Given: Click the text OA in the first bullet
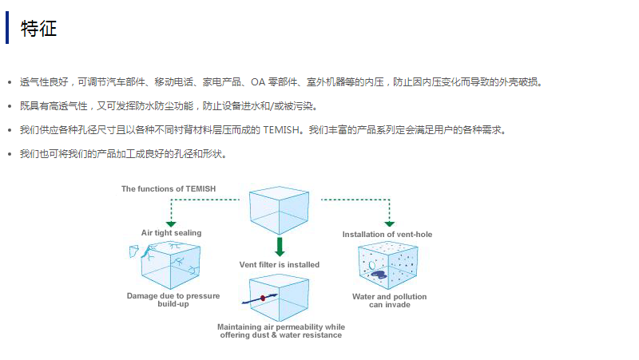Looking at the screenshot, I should tap(257, 82).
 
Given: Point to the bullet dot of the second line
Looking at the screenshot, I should tap(9, 106).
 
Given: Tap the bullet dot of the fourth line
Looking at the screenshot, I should tap(9, 154).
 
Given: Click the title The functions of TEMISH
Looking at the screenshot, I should tap(169, 189).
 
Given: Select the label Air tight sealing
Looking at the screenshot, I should tap(171, 233).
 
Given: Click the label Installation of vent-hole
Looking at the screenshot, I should tap(387, 235).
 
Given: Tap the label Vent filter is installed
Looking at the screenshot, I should tap(280, 265).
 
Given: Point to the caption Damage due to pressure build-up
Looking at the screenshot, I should tap(173, 300).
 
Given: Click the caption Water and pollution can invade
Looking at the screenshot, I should tap(389, 300).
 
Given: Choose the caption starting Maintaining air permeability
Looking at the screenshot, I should tap(281, 330).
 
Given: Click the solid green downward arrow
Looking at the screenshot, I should tap(280, 245).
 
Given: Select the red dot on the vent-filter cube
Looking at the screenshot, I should tap(263, 297).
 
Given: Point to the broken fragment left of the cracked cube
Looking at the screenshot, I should tap(133, 253).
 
